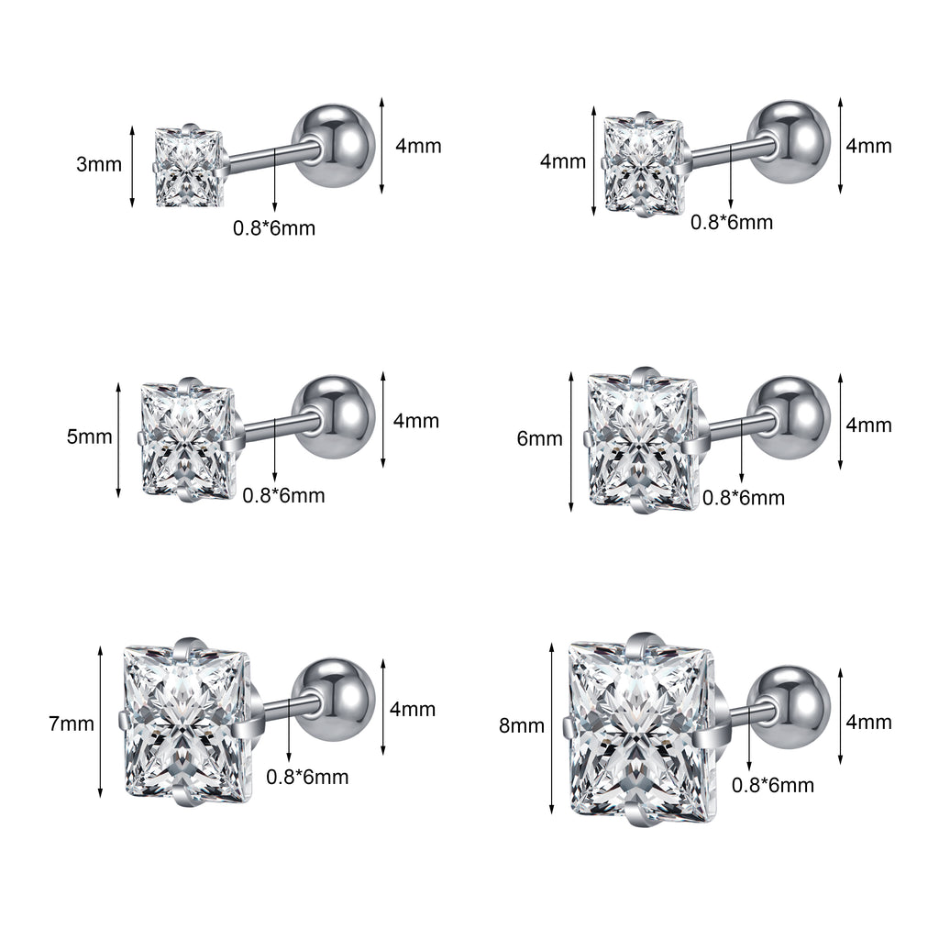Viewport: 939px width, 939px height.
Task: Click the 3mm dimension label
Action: coord(99,164)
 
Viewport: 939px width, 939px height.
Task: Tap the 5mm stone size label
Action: coord(89,436)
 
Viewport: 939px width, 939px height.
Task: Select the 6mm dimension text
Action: coord(539,438)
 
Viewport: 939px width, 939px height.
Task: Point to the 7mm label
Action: coord(72,724)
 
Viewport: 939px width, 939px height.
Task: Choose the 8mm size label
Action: coord(522,726)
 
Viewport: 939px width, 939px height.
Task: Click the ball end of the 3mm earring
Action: coord(334,146)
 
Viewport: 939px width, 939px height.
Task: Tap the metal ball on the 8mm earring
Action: coord(789,707)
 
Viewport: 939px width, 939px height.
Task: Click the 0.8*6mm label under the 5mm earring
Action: coord(283,496)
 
